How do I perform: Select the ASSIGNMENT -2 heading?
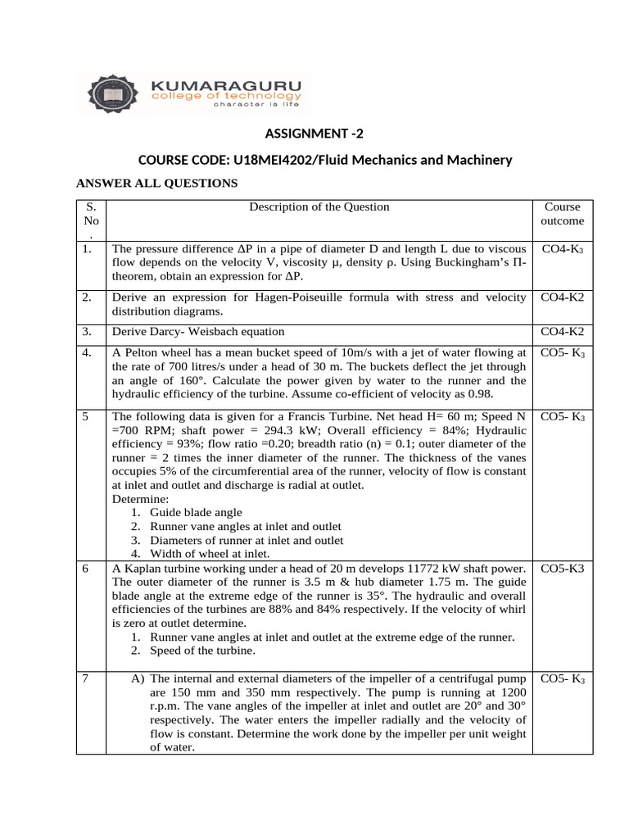[x=307, y=134]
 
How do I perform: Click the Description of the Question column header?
[x=319, y=207]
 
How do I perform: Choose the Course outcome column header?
[x=562, y=214]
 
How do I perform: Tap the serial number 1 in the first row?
[x=86, y=249]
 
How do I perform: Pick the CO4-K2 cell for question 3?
[x=562, y=332]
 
